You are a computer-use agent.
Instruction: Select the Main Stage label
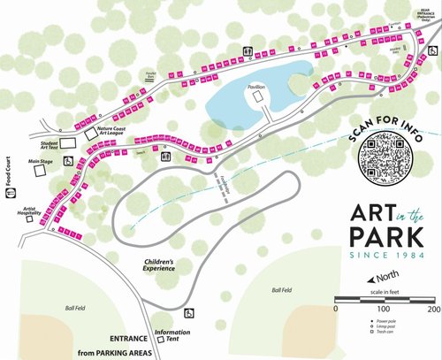pyautogui.click(x=41, y=161)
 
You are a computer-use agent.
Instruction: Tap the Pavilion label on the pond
pyautogui.click(x=257, y=88)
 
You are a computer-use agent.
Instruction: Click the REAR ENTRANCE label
pyautogui.click(x=419, y=8)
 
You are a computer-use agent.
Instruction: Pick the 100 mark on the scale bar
pyautogui.click(x=385, y=310)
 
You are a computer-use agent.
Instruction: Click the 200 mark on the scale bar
pyautogui.click(x=434, y=310)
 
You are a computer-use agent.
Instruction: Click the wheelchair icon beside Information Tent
pyautogui.click(x=188, y=312)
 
